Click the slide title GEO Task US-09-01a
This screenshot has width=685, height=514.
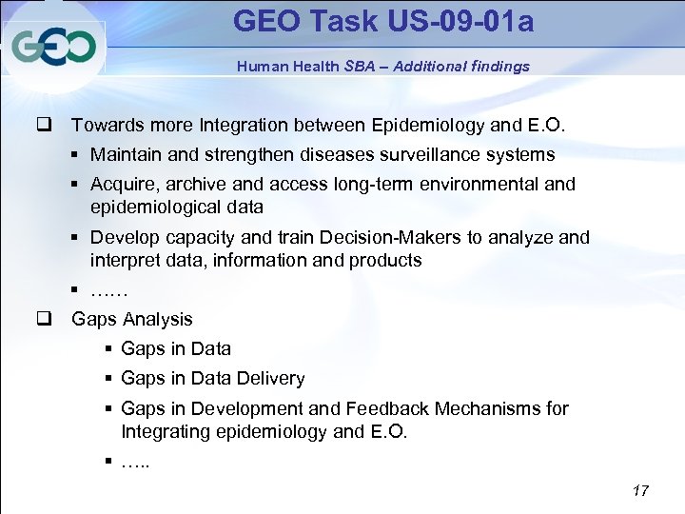click(383, 21)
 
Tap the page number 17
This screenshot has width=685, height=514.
click(640, 490)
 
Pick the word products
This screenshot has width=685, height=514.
click(385, 260)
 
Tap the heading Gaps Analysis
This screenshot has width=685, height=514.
click(132, 319)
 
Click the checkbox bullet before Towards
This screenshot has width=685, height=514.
click(44, 125)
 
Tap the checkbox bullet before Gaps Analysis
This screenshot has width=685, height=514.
click(44, 319)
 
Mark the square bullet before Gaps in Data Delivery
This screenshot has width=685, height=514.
click(109, 379)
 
